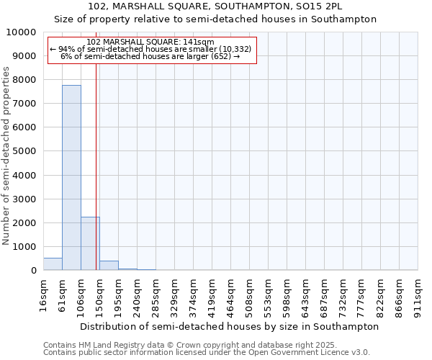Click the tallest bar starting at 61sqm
[71, 178]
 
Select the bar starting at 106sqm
[90, 243]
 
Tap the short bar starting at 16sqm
[53, 264]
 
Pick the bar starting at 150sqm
[109, 266]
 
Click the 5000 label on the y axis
[27, 151]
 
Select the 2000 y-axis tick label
[27, 222]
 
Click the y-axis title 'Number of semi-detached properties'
[6, 156]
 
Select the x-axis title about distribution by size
[229, 326]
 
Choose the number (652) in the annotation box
[218, 56]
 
